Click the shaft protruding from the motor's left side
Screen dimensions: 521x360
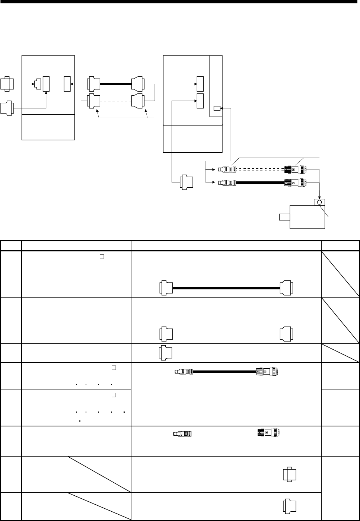pos(284,217)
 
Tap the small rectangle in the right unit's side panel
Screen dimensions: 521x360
pos(217,108)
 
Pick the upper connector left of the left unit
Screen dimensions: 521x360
pos(7,84)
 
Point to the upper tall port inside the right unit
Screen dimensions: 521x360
pos(200,84)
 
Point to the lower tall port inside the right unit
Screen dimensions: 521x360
pos(200,101)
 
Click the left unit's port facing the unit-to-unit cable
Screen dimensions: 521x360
pos(67,84)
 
